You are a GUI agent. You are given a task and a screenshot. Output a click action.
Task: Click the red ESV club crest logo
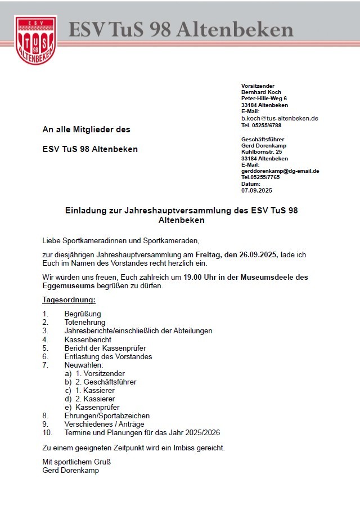[x=35, y=39]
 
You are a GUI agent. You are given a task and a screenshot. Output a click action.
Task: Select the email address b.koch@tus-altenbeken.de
[x=280, y=118]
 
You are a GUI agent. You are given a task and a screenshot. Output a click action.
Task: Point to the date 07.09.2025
[x=256, y=190]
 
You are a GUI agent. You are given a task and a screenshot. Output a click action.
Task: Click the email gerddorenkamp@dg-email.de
[x=280, y=171]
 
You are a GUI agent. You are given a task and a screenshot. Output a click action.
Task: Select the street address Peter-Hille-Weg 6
[x=264, y=99]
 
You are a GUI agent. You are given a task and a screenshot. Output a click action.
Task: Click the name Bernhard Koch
[x=261, y=92]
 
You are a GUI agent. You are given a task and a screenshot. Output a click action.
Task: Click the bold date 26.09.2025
[x=256, y=255]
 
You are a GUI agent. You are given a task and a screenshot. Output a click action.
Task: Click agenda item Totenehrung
[x=85, y=323]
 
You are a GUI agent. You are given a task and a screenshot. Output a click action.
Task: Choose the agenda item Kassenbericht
[x=88, y=339]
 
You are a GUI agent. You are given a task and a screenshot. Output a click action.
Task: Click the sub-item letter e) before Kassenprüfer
[x=68, y=407]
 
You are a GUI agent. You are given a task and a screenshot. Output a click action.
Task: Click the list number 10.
[x=47, y=432]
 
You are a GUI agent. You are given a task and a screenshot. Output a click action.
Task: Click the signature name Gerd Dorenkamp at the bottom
[x=70, y=470]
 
